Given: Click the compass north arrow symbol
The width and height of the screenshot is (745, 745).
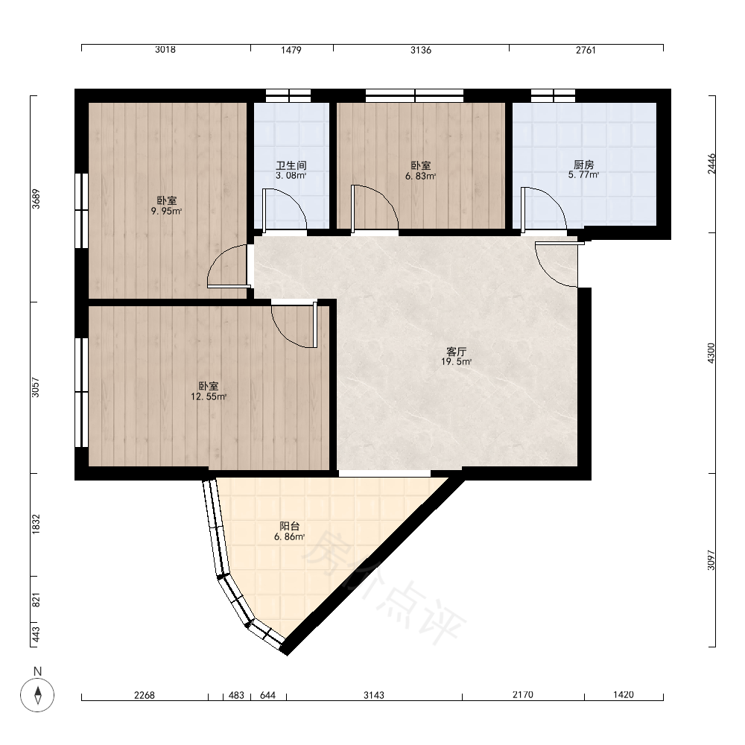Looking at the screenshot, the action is tap(37, 695).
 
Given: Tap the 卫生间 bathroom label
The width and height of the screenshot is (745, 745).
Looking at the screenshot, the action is tap(291, 165).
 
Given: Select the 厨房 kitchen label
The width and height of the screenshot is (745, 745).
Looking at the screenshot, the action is tap(583, 165).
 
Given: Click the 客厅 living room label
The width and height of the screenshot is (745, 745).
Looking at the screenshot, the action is tap(456, 352).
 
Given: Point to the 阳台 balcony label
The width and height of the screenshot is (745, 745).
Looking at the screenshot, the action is tap(289, 527).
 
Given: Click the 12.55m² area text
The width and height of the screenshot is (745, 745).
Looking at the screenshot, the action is tap(209, 397).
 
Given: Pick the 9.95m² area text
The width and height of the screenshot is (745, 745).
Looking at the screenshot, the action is tap(166, 212).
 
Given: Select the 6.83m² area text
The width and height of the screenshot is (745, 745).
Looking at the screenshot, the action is tap(420, 177).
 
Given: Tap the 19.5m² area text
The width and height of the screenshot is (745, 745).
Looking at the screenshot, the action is tap(456, 362).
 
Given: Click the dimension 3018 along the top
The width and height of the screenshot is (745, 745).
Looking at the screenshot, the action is tap(165, 50).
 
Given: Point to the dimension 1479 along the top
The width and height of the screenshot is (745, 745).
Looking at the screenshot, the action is tap(291, 50).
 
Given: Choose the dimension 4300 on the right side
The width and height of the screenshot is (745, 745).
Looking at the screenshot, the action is tap(711, 353).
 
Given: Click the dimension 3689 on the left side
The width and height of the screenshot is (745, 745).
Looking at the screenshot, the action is tap(36, 199).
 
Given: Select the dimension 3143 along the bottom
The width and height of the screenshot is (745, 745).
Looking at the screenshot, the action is tap(374, 695).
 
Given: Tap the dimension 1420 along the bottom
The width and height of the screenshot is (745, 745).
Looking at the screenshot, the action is tap(624, 695).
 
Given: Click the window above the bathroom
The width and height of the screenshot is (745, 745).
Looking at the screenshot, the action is tap(288, 96).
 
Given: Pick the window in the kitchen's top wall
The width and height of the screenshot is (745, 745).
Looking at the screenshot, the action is tap(553, 96).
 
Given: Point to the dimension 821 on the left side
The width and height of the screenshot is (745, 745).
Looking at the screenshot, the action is tap(36, 600).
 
